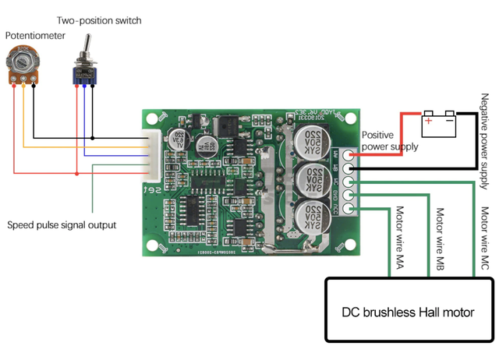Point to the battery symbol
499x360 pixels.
(x=437, y=122)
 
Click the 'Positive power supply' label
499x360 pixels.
(x=388, y=140)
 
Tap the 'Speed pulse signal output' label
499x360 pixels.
(x=62, y=224)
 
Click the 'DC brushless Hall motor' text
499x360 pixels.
(x=408, y=312)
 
